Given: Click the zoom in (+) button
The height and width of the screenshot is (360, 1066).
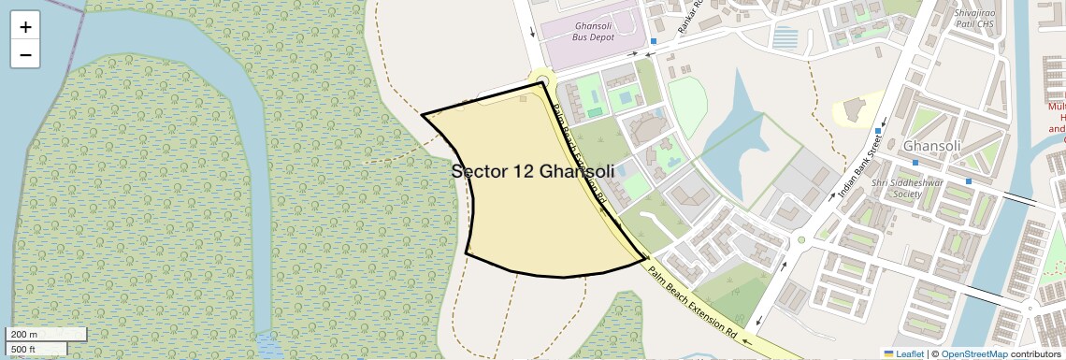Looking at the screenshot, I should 25,27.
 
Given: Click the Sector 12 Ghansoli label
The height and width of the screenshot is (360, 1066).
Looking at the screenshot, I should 532,171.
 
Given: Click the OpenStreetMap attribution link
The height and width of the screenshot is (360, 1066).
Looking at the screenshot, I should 973,354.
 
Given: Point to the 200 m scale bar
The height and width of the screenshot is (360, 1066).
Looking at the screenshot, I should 46,335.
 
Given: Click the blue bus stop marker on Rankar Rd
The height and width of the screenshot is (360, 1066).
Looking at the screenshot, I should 653,41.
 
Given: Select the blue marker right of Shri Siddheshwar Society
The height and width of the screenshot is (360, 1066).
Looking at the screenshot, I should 969,180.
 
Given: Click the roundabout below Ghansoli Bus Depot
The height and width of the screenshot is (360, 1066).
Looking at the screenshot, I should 540,80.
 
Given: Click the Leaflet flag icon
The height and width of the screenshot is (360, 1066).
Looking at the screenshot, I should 888,354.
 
